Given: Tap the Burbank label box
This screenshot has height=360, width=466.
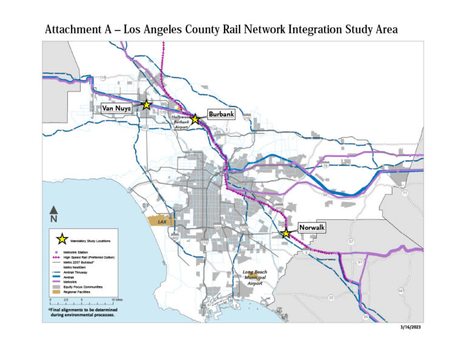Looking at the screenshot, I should [220, 114].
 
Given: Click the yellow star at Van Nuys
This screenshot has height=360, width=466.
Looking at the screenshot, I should [146, 104].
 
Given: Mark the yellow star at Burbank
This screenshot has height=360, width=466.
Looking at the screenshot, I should [195, 120].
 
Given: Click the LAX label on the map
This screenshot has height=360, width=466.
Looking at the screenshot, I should [161, 222].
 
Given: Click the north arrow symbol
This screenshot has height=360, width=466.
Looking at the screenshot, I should [53, 213].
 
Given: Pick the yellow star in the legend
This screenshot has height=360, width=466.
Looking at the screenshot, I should [61, 240].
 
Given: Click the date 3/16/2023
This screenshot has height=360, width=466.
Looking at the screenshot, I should [411, 328].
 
